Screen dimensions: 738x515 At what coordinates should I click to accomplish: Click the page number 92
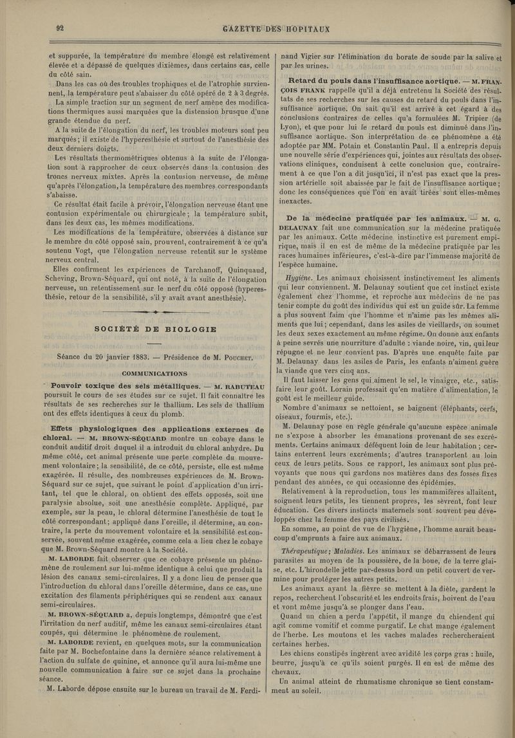click(59, 27)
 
